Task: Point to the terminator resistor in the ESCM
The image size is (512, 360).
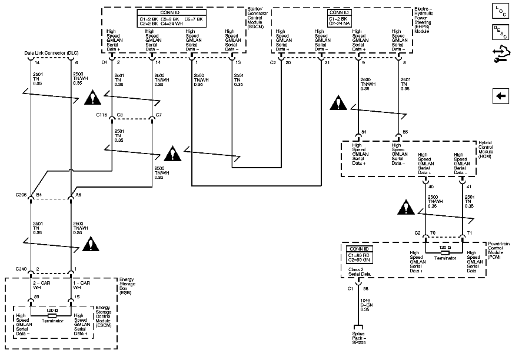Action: tap(52, 315)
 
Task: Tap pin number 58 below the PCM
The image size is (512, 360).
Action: tap(365, 289)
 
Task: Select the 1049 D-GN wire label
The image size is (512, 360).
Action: tap(366, 305)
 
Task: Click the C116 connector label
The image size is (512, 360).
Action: tap(102, 115)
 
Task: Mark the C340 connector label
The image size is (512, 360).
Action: tap(21, 269)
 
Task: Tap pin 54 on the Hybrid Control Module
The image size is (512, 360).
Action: tap(365, 132)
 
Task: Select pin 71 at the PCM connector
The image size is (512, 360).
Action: tap(469, 233)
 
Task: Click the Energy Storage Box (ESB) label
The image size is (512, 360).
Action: tap(128, 285)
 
